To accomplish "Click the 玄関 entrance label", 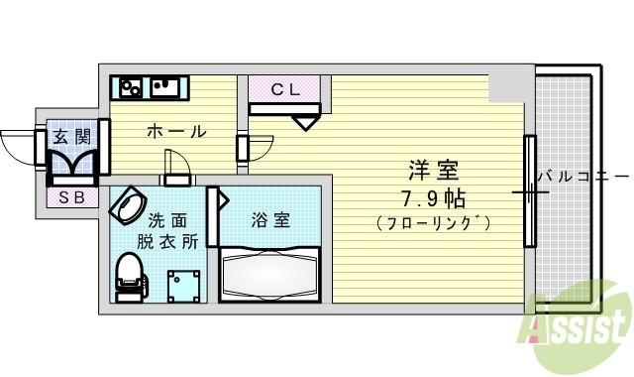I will pos(71,136).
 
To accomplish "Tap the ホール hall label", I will pos(177,131).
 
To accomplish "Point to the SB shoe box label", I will pos(71,196).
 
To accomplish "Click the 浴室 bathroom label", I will pos(269,219).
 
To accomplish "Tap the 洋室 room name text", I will pos(429,169).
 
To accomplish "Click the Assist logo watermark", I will pos(580,322).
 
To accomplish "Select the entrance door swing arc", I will pos(18,147).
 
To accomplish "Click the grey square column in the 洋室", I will pos(508,86).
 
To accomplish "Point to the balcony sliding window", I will pos(529,190).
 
